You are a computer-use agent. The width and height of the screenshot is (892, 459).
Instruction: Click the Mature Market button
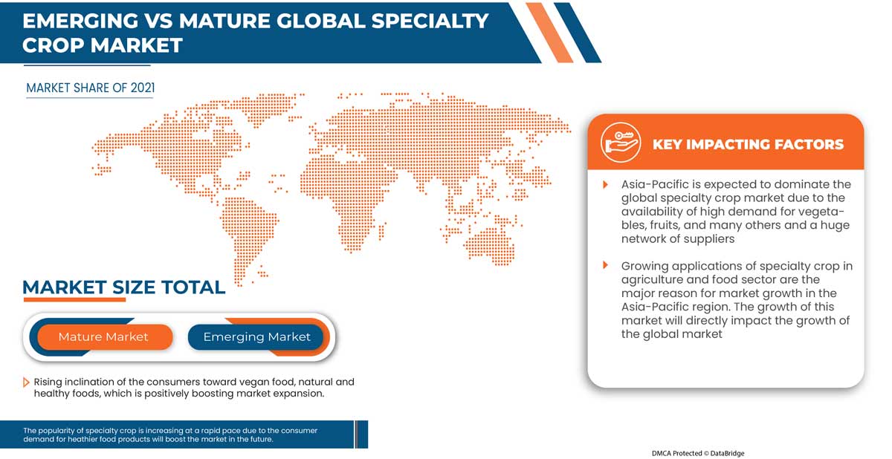[105, 337]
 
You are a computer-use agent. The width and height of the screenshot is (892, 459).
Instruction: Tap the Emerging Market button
[256, 337]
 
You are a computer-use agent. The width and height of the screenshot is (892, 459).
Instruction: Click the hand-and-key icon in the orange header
[621, 143]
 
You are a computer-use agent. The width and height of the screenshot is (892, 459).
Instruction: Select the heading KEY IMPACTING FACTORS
[748, 144]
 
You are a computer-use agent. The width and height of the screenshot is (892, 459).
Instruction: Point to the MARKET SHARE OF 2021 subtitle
[91, 88]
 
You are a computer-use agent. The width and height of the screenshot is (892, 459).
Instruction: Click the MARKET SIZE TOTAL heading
[124, 287]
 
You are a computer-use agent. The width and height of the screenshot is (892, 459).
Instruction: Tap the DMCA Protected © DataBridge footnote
[698, 453]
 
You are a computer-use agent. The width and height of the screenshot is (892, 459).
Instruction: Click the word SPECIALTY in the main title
[430, 21]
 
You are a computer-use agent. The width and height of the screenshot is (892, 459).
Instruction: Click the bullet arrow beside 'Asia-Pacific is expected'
[605, 184]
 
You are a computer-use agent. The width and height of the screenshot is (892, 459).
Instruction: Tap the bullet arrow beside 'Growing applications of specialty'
[605, 265]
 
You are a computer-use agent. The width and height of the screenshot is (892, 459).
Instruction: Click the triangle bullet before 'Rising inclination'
[26, 382]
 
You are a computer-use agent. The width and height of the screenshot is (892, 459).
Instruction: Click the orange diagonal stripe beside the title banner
[549, 33]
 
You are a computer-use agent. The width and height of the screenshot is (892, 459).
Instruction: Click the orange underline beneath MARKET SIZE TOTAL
[74, 299]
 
